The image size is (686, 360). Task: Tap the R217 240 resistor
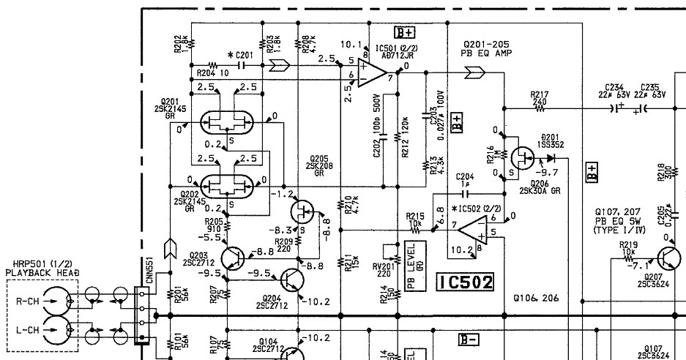pos(540,108)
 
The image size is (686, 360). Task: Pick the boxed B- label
pos(469,339)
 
